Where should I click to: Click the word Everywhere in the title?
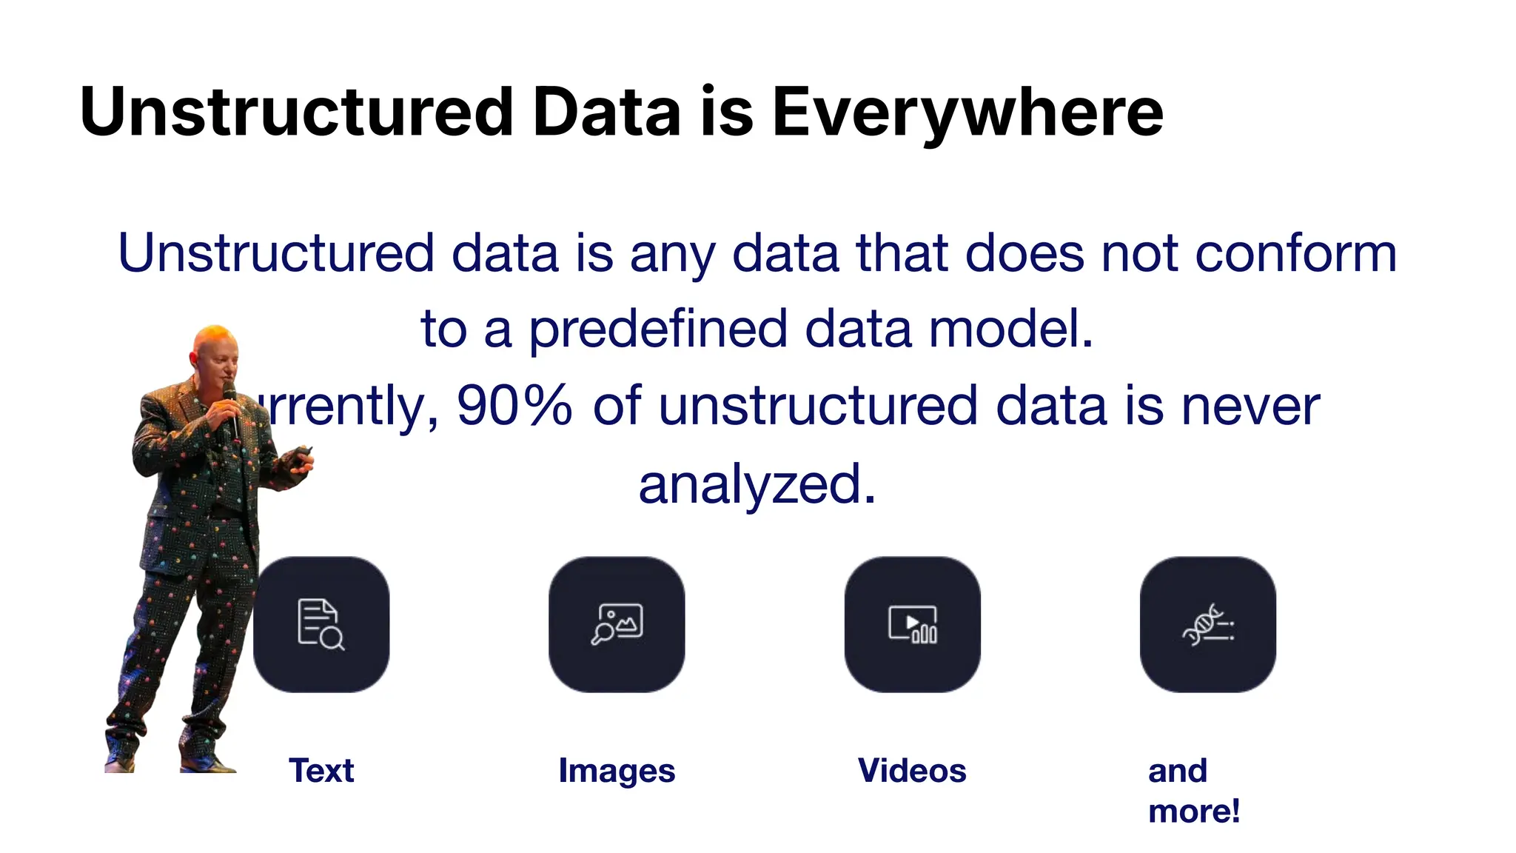[x=967, y=113]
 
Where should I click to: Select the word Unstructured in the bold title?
[x=296, y=113]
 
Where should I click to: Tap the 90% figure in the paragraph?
[x=514, y=405]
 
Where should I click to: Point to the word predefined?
[x=658, y=329]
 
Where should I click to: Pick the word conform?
[x=1296, y=253]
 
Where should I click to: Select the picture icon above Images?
[x=617, y=624]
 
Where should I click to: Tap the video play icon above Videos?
[x=912, y=624]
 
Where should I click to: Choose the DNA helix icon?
[x=1207, y=624]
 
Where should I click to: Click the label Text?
[x=321, y=771]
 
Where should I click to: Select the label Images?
[x=617, y=771]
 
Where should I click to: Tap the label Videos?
[x=912, y=771]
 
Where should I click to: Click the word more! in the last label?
[x=1193, y=812]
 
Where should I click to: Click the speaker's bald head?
[x=215, y=341]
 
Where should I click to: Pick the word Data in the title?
[x=606, y=113]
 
